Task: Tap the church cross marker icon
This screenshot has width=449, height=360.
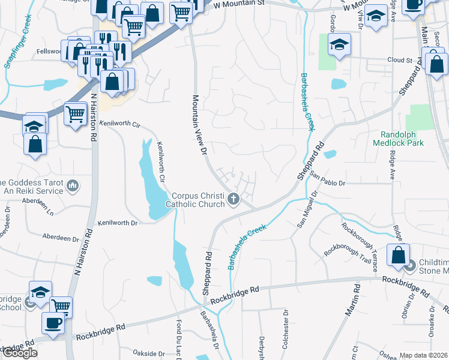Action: [234, 199]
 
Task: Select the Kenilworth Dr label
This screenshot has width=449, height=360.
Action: [118, 222]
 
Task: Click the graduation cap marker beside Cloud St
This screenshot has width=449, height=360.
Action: [340, 44]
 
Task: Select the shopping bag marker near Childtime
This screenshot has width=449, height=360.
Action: [397, 255]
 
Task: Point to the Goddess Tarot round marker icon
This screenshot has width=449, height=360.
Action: [73, 185]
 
